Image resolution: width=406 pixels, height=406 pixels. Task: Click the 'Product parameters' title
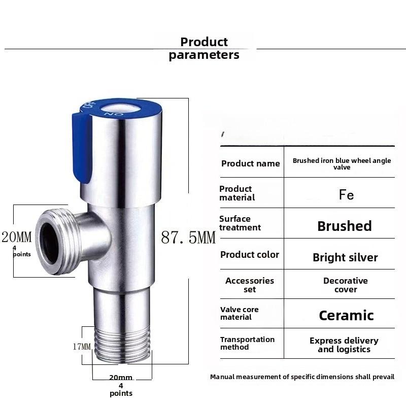(204, 49)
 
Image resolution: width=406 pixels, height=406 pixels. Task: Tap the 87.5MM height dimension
(188, 237)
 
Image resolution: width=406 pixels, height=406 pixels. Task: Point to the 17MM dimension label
(81, 347)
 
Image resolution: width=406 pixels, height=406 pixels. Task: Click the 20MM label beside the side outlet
(16, 236)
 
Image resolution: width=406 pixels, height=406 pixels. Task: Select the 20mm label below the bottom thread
(121, 378)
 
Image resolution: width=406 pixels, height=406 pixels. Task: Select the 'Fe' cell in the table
(346, 195)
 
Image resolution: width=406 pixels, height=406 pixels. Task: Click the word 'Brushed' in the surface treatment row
(345, 226)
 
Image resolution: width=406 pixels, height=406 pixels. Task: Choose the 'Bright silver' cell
(345, 257)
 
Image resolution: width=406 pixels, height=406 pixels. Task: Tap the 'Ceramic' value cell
(346, 315)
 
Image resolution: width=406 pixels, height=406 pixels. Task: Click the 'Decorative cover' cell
(345, 285)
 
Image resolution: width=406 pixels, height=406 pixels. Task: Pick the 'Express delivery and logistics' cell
(344, 345)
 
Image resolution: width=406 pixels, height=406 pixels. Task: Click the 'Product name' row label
(250, 163)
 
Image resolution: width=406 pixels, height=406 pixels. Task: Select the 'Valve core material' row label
(239, 313)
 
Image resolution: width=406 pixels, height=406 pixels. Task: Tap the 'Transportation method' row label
(247, 343)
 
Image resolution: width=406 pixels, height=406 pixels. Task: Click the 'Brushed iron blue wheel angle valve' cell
(342, 163)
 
